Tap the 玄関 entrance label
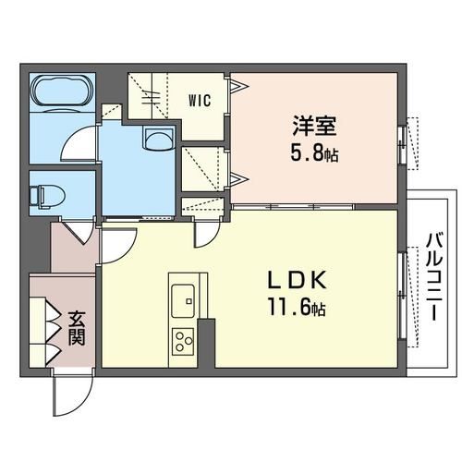(x=76, y=328)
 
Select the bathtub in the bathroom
(x=59, y=92)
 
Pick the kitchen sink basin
(x=182, y=298)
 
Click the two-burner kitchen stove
(x=182, y=339)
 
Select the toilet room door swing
(x=81, y=231)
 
